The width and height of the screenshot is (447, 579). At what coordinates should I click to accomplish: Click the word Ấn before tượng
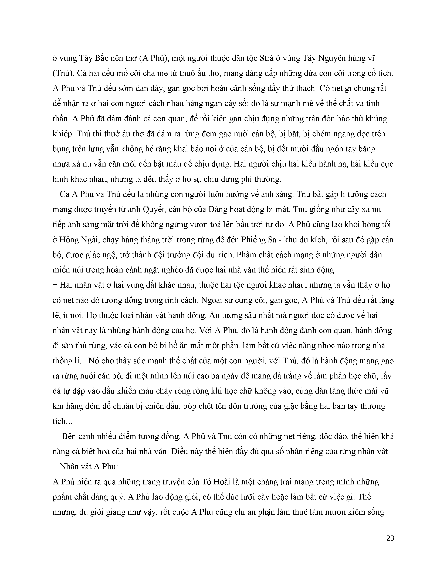pos(215,315)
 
